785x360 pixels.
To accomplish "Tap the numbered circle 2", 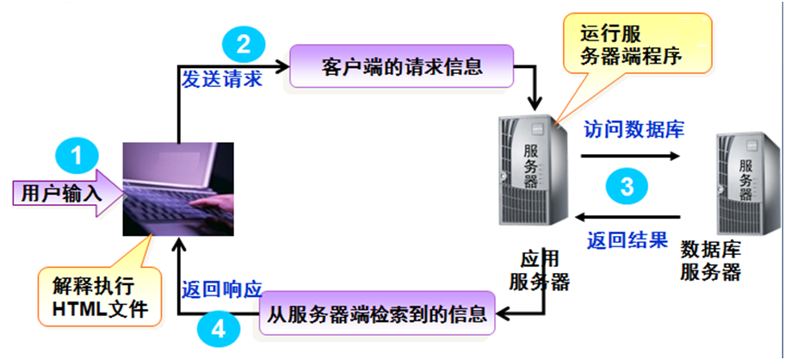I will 243,43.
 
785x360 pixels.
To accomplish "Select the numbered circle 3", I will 628,186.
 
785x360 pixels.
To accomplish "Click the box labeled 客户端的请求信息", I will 402,66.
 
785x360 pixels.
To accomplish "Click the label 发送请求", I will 221,78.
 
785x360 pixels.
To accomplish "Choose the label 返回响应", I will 221,288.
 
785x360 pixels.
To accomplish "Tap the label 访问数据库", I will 634,130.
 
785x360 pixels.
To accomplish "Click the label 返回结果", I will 627,239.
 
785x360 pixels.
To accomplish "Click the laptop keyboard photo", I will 178,188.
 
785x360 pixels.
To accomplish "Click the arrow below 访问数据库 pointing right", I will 629,157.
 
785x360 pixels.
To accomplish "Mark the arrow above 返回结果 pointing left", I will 628,216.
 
